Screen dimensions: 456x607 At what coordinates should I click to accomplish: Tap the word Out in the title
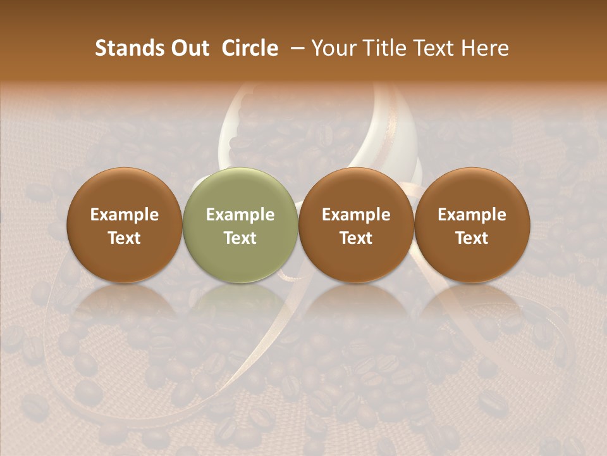(x=189, y=48)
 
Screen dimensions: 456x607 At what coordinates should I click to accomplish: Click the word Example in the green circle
(x=240, y=215)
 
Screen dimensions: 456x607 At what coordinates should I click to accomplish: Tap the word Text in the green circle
(x=240, y=238)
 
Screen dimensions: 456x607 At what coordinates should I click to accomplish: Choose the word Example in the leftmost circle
(x=125, y=215)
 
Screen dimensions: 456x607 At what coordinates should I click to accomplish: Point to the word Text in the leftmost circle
(x=125, y=238)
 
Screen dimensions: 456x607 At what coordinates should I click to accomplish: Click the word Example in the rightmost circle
(x=472, y=215)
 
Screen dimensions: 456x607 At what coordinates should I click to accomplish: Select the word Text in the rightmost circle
(x=472, y=238)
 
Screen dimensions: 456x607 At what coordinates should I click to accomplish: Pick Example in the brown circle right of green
(x=356, y=215)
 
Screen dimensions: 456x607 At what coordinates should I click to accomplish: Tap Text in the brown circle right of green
(x=356, y=238)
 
